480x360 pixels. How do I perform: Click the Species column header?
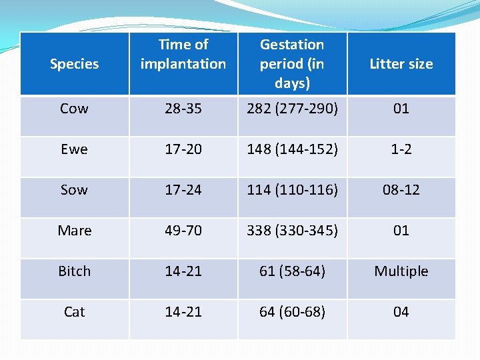click(74, 64)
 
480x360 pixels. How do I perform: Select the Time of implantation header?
click(183, 54)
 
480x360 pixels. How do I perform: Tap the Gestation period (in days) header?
click(292, 63)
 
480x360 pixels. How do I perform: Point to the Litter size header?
click(401, 64)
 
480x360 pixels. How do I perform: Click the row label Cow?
click(74, 109)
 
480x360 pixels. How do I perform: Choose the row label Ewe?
click(74, 149)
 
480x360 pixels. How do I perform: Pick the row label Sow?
click(74, 190)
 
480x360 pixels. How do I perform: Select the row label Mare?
click(75, 231)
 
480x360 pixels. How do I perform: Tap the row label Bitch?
click(75, 271)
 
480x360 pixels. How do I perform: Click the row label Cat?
click(75, 312)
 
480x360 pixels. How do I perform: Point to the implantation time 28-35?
click(183, 109)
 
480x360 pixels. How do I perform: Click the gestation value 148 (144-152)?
click(292, 149)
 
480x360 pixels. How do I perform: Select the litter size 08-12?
click(401, 190)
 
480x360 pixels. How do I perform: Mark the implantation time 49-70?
click(183, 231)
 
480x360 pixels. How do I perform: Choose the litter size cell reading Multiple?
click(401, 271)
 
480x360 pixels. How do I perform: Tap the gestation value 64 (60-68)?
click(292, 312)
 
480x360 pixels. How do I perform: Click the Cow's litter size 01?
click(401, 109)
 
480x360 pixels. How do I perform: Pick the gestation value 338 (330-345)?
click(292, 231)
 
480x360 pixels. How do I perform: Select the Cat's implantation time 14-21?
click(183, 312)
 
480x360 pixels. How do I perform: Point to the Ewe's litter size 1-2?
click(401, 149)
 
